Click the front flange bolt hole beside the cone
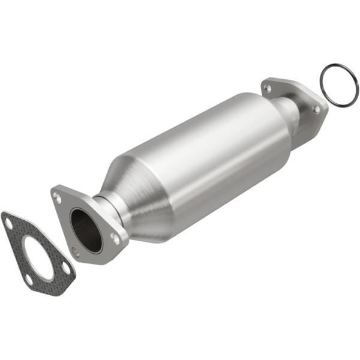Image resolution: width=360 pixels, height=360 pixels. tap(114, 236)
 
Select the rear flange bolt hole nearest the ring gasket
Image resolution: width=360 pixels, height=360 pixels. tap(316, 109)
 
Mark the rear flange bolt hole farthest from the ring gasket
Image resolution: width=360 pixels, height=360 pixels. tap(267, 88)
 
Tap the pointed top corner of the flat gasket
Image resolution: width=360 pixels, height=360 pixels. tap(5, 214)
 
